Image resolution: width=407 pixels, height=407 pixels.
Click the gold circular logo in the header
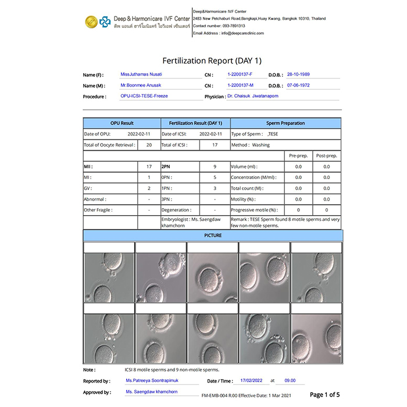click(90, 22)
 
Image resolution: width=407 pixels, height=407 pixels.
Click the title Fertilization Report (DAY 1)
click(212, 60)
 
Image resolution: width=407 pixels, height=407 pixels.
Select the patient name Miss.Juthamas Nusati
click(142, 75)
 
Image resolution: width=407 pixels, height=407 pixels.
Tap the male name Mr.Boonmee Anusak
click(141, 85)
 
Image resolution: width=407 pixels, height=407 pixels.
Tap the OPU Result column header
click(122, 123)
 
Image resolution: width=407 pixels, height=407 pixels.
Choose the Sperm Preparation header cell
click(285, 123)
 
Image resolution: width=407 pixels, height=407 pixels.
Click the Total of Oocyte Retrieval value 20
click(149, 145)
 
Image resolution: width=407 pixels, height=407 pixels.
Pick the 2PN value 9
click(215, 167)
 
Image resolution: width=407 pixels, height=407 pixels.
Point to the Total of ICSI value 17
click(215, 145)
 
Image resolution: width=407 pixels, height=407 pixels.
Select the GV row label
click(88, 188)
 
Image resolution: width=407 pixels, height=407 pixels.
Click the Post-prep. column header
click(327, 156)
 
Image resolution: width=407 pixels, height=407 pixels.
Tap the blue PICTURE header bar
click(213, 235)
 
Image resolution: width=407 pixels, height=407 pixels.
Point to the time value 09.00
click(290, 381)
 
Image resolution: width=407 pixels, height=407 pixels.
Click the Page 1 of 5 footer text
click(325, 395)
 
